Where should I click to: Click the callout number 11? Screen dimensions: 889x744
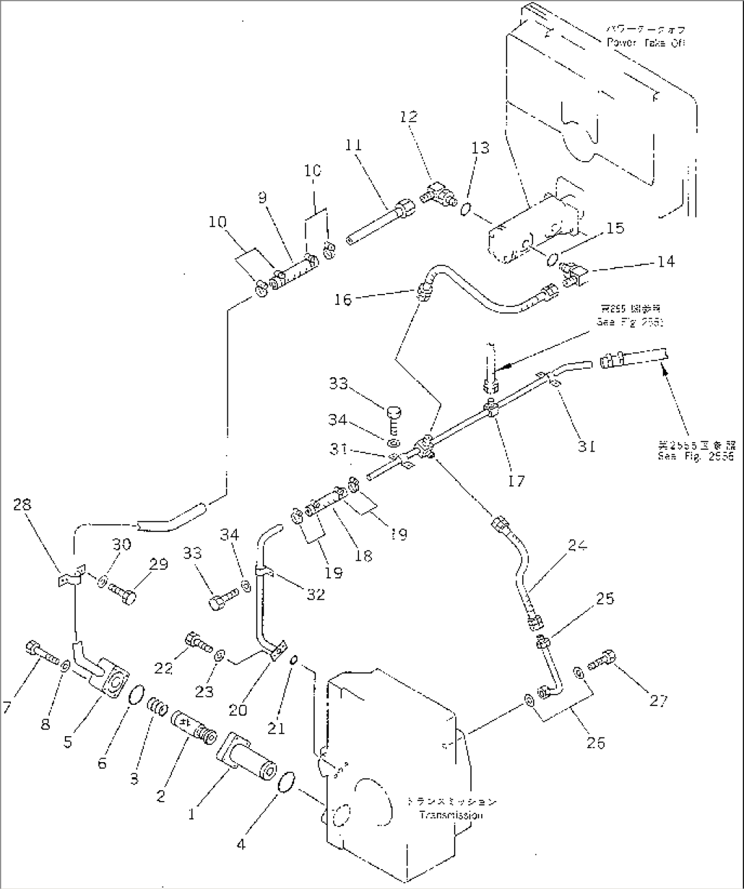point(354,145)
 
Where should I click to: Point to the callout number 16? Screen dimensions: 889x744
point(343,299)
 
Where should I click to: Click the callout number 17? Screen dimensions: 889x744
point(517,481)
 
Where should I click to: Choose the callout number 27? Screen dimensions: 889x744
point(658,700)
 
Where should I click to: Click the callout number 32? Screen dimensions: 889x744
point(315,594)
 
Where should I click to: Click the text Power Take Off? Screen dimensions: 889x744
point(646,42)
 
